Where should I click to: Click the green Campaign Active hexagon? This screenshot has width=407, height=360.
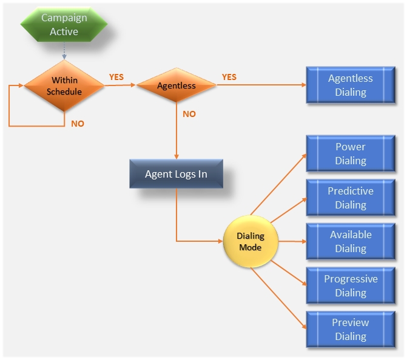point(64,25)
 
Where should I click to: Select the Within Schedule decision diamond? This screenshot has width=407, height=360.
point(64,85)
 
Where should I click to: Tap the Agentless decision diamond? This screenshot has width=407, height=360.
point(176,85)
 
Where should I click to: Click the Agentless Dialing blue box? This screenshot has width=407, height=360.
point(351,85)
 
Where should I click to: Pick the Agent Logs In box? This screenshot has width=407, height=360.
point(176,174)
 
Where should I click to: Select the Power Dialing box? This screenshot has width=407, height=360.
point(351,154)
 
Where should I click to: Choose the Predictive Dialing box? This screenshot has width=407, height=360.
point(351,198)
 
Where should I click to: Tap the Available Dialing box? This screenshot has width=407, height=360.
point(351,242)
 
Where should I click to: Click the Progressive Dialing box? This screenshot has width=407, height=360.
point(351,286)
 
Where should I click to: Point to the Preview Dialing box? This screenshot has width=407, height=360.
point(351,330)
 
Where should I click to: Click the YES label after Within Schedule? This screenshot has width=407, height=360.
point(116,77)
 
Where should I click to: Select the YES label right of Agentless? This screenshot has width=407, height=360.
point(229,77)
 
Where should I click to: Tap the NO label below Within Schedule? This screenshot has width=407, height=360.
point(78,124)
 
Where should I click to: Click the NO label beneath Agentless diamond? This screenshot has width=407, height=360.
point(189,114)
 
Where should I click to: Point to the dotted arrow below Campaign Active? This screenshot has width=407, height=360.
point(64,53)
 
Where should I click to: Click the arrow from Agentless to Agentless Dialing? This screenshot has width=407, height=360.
point(261,85)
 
